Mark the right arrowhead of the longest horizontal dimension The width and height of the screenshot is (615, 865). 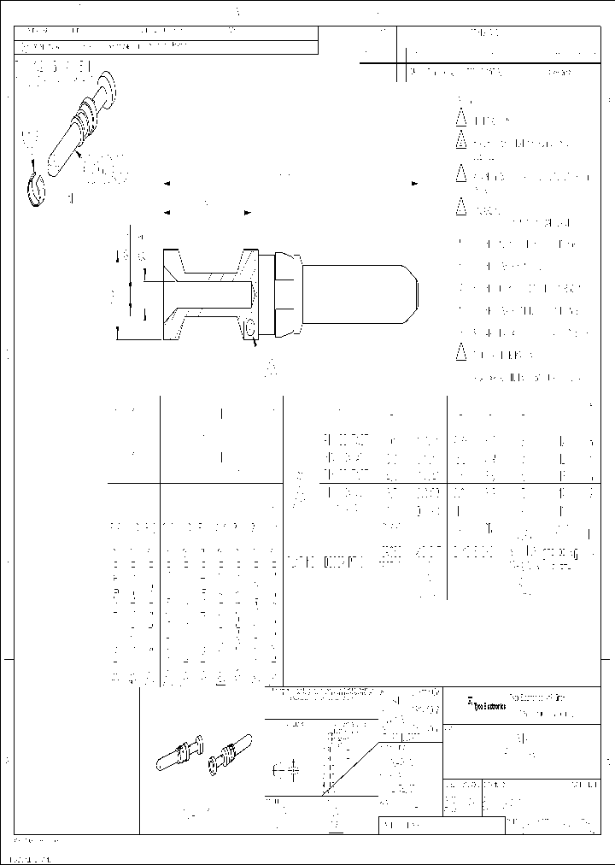[415, 184]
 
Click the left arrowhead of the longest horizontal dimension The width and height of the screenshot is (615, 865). [166, 184]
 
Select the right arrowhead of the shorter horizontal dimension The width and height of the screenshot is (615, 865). [246, 211]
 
